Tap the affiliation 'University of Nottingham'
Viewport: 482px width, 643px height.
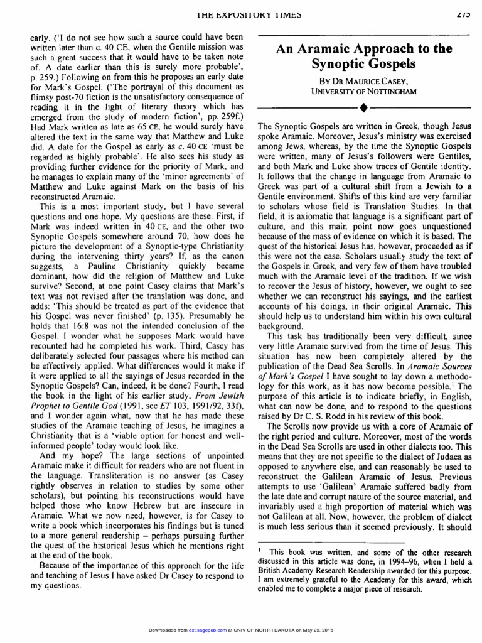pyautogui.click(x=365, y=92)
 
